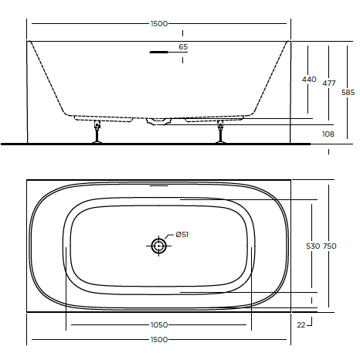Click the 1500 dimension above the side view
click(158, 24)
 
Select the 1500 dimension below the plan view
click(158, 340)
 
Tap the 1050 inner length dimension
click(158, 325)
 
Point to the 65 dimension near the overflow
click(183, 47)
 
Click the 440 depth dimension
click(309, 80)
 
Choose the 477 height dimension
click(330, 83)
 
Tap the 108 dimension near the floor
click(328, 134)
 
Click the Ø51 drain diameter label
click(182, 235)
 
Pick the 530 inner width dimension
click(312, 246)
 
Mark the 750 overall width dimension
click(330, 246)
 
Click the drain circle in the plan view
click(158, 246)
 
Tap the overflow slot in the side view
click(158, 53)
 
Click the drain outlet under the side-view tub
click(159, 121)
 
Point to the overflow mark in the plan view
click(158, 187)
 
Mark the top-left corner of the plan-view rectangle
click(27, 181)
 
